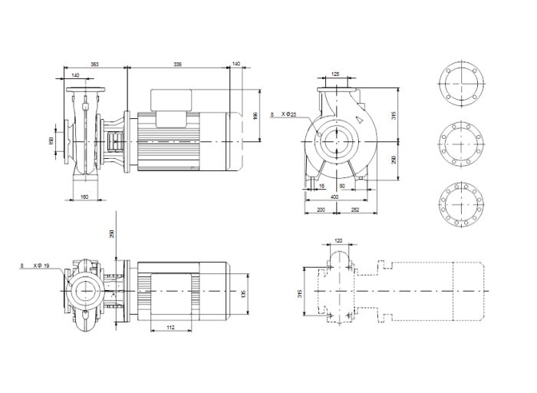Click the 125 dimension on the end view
coord(334,74)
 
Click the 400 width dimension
coord(334,197)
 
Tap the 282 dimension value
coord(355,208)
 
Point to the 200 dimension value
coord(320,208)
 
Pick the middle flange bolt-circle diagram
coord(460,144)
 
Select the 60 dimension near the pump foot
coord(342,186)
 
